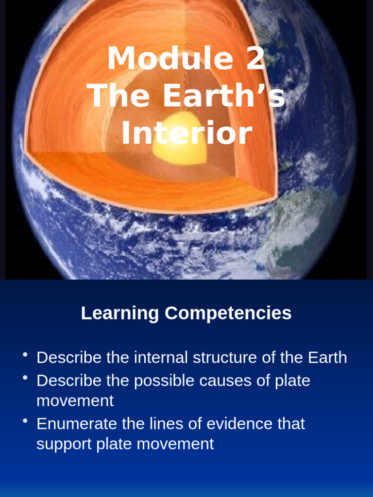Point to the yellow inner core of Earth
[x=181, y=141]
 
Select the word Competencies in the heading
[x=228, y=313]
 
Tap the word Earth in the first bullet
[x=327, y=358]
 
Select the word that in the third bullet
[x=291, y=424]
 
